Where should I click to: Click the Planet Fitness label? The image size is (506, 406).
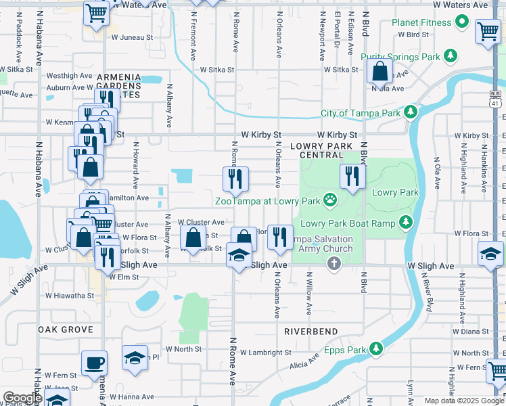[421, 22]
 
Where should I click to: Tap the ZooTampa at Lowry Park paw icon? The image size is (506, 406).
[330, 199]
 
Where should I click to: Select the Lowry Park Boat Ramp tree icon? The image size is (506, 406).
[405, 222]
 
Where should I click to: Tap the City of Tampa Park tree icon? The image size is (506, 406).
[410, 112]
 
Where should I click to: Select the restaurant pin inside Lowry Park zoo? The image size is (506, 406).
[352, 176]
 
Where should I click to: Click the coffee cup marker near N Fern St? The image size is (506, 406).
[94, 363]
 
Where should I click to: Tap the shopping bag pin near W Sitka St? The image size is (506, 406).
[380, 71]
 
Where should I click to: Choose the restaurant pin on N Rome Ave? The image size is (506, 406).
[235, 179]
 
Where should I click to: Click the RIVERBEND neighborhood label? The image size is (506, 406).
[310, 332]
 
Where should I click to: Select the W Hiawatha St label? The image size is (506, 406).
[70, 296]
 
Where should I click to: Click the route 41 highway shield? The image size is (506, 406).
[497, 99]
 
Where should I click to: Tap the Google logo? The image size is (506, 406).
[22, 397]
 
